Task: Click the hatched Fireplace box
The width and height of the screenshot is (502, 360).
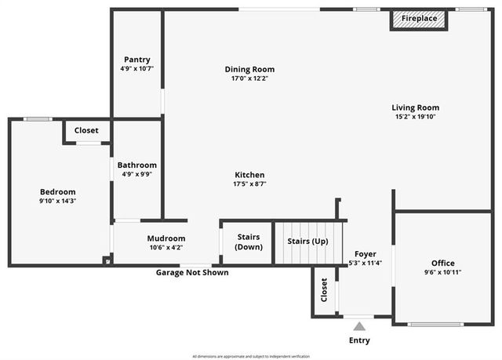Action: coord(419,19)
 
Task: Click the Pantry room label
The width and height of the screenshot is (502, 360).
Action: coord(136,60)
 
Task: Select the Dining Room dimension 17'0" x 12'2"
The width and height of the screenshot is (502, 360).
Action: coord(249,78)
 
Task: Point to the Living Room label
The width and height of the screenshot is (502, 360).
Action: coord(415,107)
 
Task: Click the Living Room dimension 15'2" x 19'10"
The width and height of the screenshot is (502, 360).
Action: coord(415,117)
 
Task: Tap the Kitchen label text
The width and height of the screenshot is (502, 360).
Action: coord(249,174)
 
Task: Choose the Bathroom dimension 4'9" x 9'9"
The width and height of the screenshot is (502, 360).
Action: coord(136,175)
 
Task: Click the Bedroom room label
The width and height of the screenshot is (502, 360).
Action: coord(58,191)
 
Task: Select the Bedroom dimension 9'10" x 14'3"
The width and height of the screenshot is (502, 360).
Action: coord(58,201)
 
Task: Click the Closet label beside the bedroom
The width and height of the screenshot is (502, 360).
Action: coord(86,130)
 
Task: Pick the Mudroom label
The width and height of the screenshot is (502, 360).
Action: coord(166,238)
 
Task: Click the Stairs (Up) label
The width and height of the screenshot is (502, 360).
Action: coord(307,241)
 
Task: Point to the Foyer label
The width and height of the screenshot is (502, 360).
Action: coord(365,254)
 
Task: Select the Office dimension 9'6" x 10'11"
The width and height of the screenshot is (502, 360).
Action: coord(442,272)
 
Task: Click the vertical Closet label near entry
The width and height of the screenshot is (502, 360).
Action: coord(324,290)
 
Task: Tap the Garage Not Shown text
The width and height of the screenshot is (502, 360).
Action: coord(192,273)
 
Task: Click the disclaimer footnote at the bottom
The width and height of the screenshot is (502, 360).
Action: coord(251,356)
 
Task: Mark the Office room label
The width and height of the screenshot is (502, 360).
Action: coord(442,263)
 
